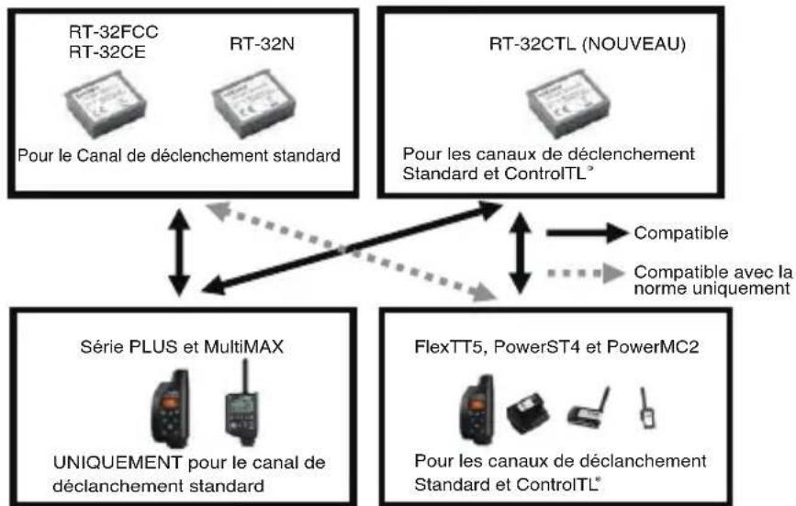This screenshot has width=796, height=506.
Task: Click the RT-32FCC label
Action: click(x=113, y=32)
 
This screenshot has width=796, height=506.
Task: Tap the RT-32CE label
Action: click(x=107, y=51)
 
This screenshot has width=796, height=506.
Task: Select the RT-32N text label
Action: click(x=262, y=44)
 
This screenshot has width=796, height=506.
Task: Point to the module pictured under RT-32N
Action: click(x=253, y=105)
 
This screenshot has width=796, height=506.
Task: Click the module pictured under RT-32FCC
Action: click(x=106, y=105)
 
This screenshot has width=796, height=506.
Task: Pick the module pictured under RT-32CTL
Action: click(x=568, y=105)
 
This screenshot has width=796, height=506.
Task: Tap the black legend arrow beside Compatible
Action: click(x=587, y=233)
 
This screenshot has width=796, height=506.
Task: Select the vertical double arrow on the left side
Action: click(x=179, y=253)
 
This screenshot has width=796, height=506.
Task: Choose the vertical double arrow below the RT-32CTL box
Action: click(x=520, y=253)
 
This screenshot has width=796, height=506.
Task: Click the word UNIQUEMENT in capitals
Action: click(x=118, y=463)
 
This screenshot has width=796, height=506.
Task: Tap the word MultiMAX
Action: click(x=243, y=347)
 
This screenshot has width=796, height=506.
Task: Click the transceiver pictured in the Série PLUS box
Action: click(x=171, y=409)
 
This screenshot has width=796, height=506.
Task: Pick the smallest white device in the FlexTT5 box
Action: click(x=646, y=409)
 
